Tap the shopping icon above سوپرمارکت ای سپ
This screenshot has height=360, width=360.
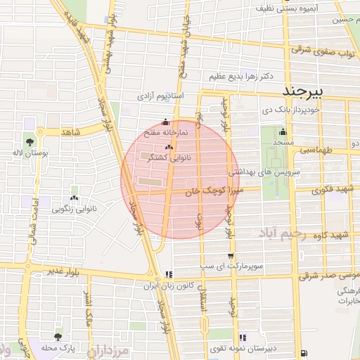[230, 257]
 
